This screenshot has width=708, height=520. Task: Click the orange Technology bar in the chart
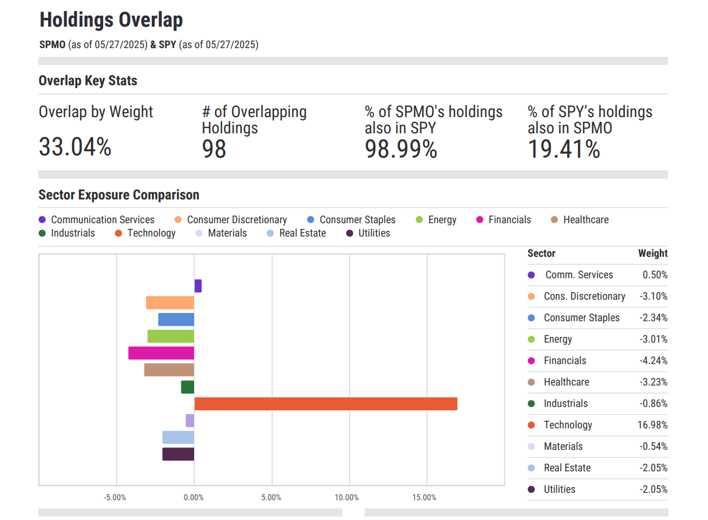(x=325, y=403)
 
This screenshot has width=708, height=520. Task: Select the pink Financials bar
(x=161, y=353)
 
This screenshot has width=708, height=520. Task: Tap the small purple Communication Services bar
(x=198, y=286)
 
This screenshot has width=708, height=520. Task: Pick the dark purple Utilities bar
(x=178, y=454)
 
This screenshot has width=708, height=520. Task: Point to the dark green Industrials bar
(x=187, y=387)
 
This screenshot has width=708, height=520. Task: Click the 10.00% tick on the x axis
(x=347, y=497)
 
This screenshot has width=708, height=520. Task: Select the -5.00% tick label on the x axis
(x=115, y=497)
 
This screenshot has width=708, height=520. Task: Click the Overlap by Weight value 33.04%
(x=75, y=147)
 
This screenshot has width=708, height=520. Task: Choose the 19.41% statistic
(x=564, y=150)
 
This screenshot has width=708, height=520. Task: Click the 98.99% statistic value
(x=401, y=150)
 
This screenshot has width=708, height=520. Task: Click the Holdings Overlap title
(x=111, y=20)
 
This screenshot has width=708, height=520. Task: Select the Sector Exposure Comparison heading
(x=119, y=195)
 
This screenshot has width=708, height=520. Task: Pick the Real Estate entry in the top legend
(x=302, y=233)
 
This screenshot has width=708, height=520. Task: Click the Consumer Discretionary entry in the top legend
(x=237, y=220)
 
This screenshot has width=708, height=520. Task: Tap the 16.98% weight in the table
(x=652, y=425)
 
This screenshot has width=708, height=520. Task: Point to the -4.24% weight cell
(x=653, y=361)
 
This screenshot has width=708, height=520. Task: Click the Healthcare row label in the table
(x=566, y=382)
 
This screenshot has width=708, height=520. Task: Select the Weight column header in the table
(x=653, y=253)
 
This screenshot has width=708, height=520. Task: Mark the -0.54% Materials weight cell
(x=653, y=446)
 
